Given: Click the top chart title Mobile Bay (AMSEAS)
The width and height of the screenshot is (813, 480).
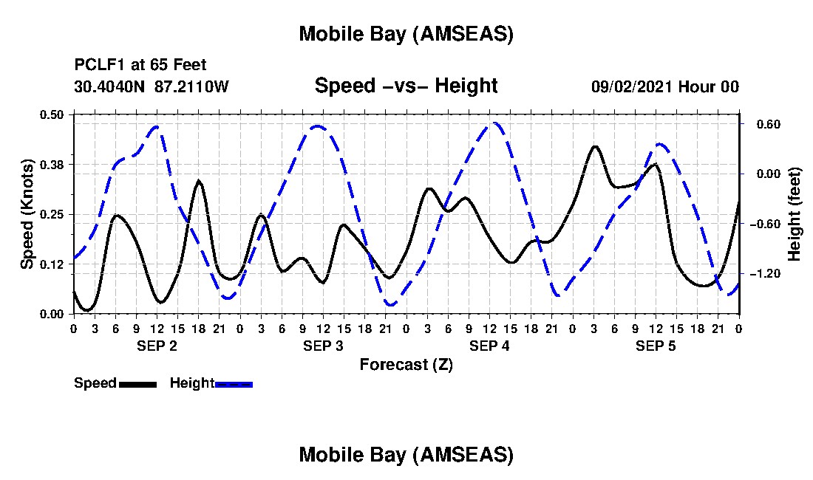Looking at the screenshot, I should pos(406,34).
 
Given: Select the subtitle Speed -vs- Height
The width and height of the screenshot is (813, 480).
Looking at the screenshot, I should pos(406,86).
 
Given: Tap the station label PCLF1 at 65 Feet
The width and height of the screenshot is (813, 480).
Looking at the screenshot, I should pos(140,65).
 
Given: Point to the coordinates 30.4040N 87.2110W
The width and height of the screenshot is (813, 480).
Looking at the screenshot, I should pos(152,86).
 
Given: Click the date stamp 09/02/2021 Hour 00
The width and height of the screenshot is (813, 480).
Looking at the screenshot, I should pos(665,86).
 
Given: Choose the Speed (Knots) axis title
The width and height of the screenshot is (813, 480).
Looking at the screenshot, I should pos(27,214).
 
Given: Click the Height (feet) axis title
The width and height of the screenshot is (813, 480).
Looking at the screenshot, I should pos(795,214).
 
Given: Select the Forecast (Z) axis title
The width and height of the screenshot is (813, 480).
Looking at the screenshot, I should pos(406,364).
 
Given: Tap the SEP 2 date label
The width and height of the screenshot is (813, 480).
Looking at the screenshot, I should pos(157,346).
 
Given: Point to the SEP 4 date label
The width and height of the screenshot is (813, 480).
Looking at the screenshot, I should pos(489,346).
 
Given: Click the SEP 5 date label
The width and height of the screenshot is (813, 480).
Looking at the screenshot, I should pos(656,346).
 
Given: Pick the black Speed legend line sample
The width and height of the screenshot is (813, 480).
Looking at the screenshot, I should pos(137,384).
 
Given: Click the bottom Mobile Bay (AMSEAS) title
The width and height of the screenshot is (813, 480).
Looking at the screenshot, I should pos(406,455).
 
